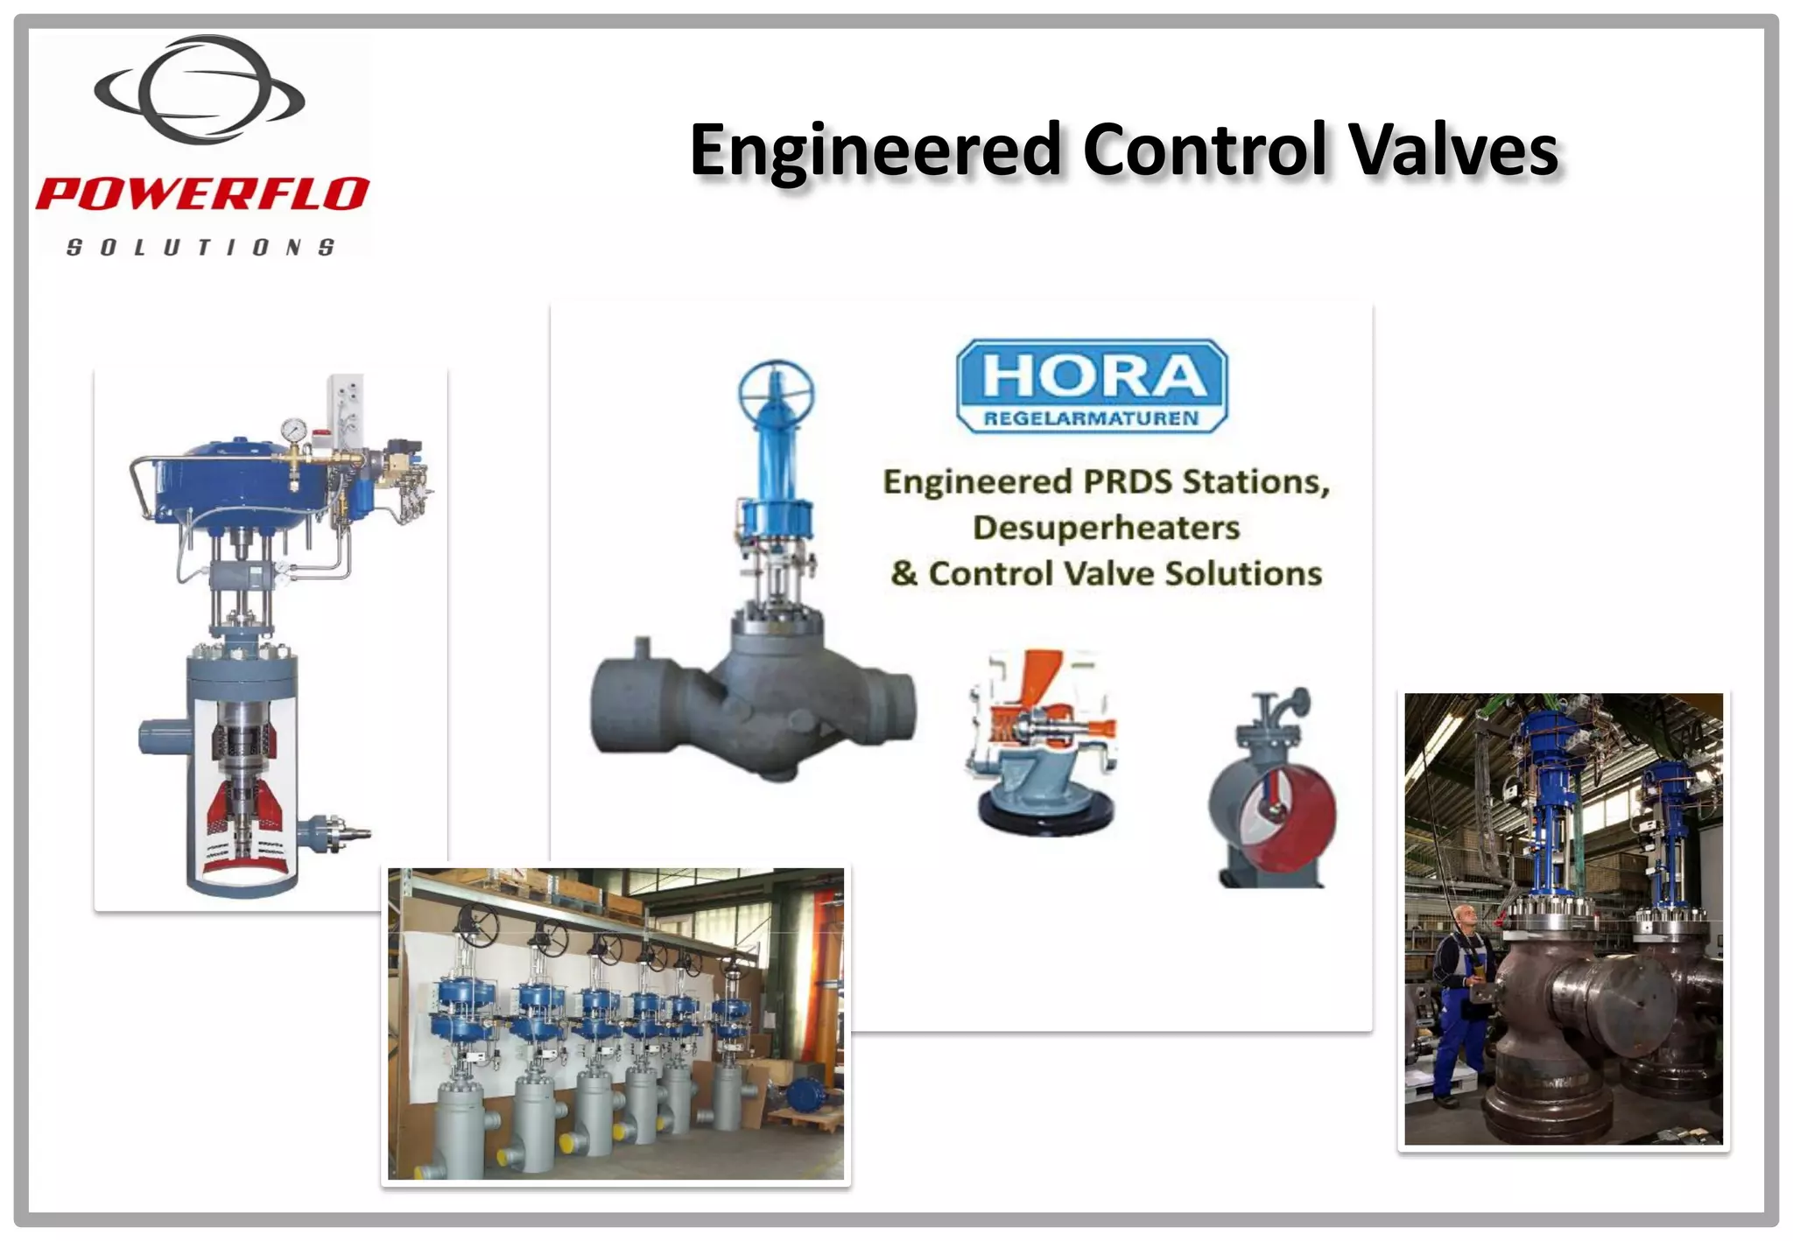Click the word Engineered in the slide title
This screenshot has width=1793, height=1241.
875,151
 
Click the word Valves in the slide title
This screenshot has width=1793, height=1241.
1453,151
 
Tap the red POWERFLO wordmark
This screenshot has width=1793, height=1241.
201,193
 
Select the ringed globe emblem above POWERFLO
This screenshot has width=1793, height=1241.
200,90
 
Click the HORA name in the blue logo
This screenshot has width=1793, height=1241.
1093,376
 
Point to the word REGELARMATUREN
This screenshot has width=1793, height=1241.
1091,418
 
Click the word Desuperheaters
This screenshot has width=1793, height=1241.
1106,528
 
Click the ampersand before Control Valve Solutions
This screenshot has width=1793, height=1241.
904,574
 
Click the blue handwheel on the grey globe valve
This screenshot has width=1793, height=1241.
776,391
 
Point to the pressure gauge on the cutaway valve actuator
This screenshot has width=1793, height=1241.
294,431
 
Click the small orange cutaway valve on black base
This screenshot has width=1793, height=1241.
1042,744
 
